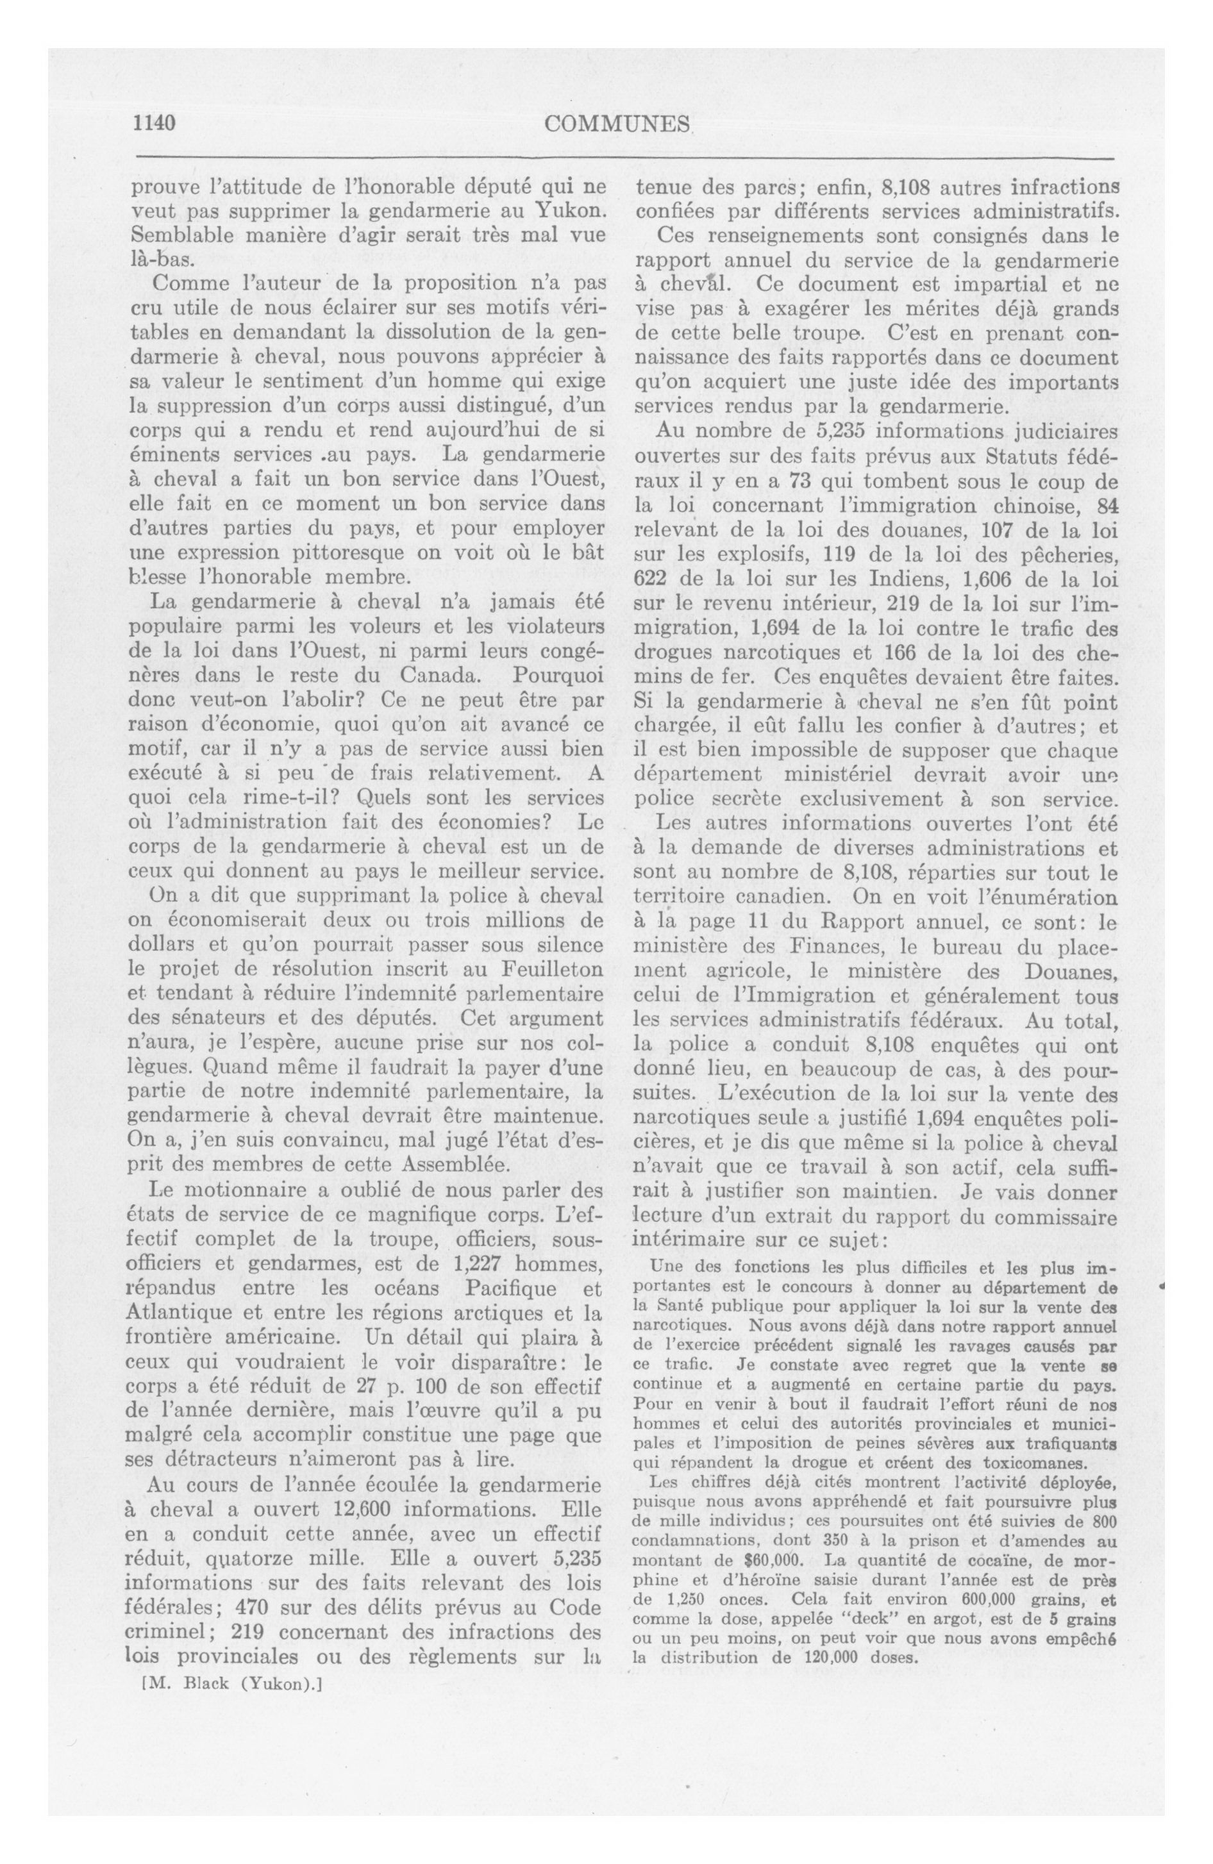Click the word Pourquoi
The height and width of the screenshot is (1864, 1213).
[557, 675]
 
